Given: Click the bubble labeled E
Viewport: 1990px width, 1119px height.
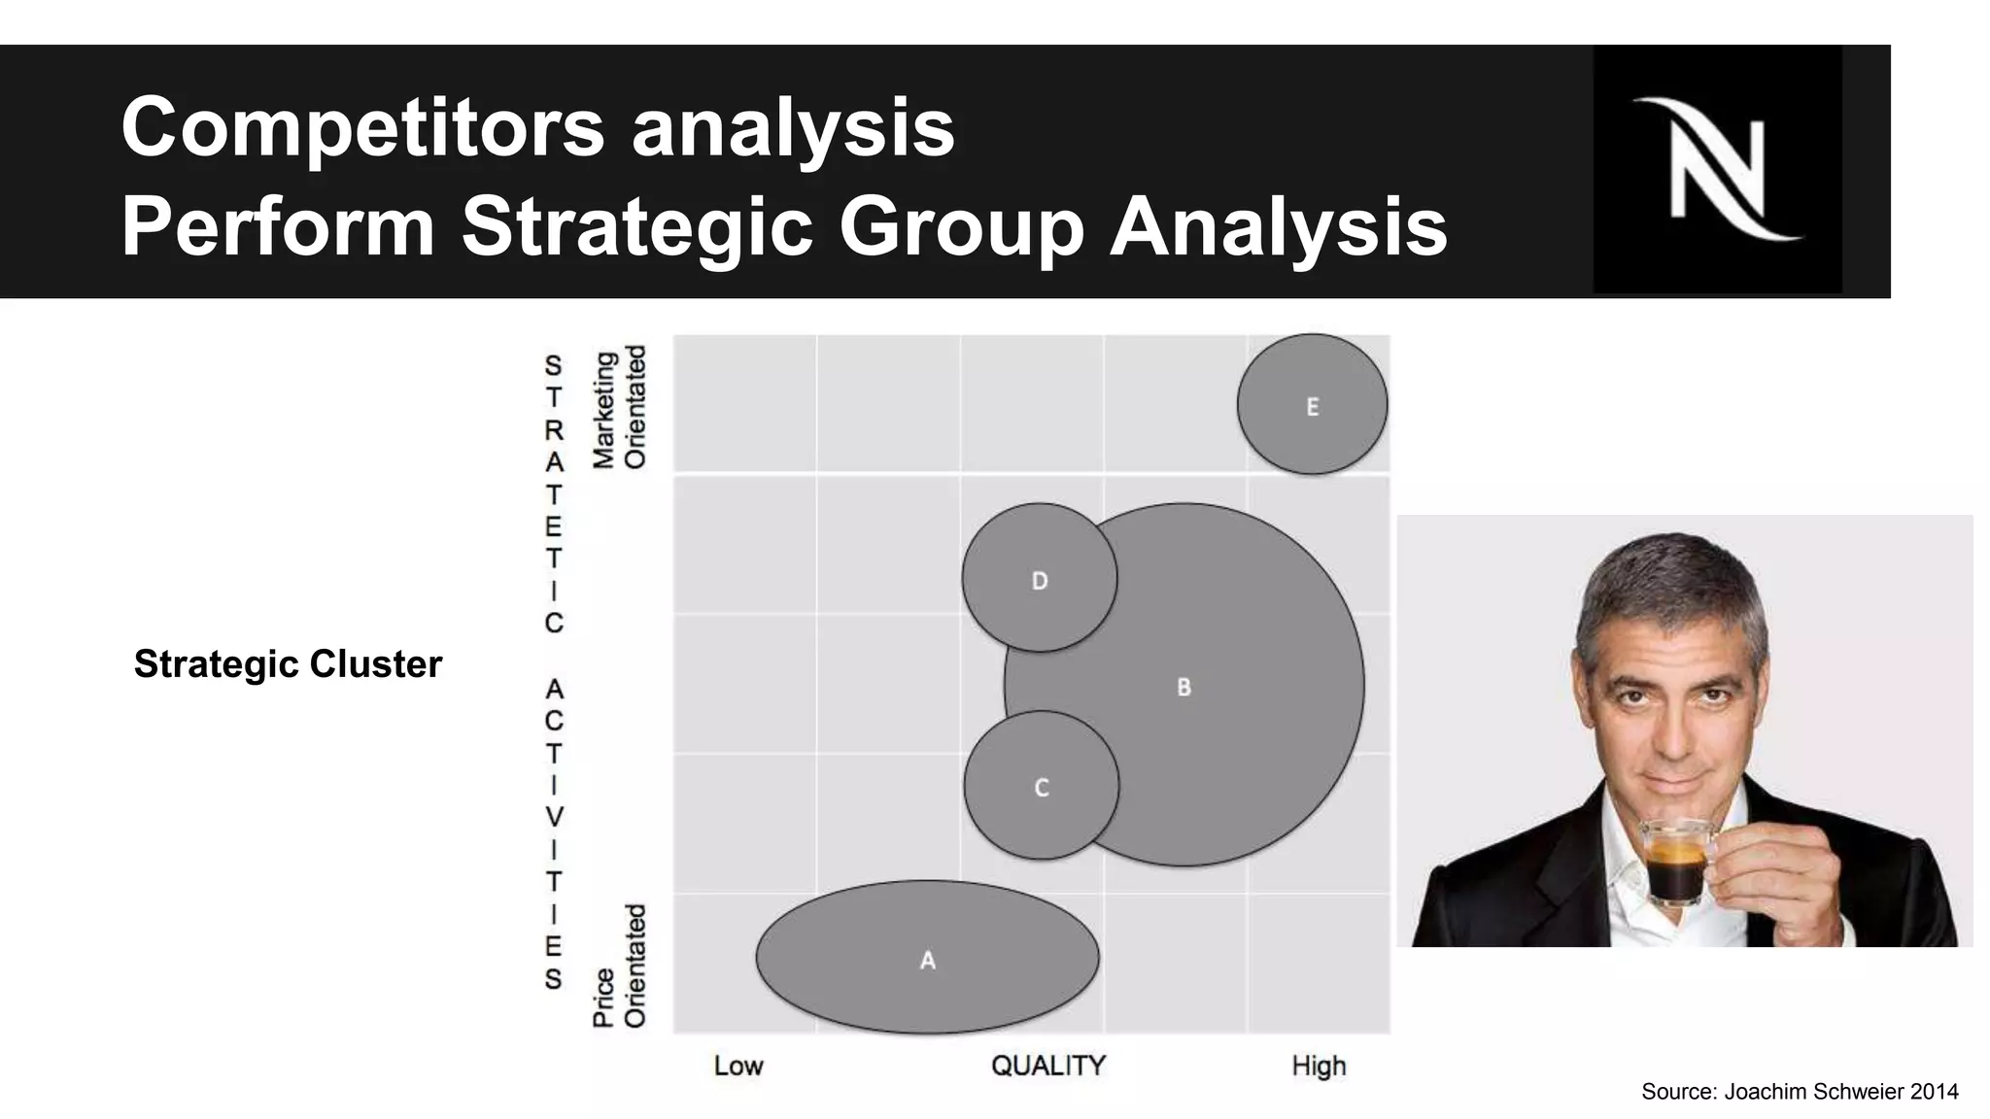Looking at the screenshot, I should tap(1312, 405).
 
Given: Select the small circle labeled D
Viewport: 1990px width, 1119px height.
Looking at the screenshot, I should tap(1039, 579).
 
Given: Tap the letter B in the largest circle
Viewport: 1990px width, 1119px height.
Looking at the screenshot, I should tap(1184, 687).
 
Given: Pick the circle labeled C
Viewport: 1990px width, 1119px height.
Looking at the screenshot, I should tap(1041, 786).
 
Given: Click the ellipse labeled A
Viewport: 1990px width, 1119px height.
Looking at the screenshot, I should tap(927, 959).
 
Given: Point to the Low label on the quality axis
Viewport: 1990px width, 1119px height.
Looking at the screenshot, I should tap(738, 1066).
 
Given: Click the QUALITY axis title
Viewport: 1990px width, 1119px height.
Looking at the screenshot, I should tap(1047, 1066).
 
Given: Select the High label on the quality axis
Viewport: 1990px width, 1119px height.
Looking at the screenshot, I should tap(1319, 1066).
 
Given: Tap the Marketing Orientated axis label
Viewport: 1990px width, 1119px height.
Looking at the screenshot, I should tap(619, 408).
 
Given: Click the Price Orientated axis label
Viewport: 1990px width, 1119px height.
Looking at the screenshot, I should tap(619, 966).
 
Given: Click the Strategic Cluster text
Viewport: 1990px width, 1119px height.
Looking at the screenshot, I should tap(288, 664).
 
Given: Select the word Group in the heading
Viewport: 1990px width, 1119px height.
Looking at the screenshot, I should tap(961, 226).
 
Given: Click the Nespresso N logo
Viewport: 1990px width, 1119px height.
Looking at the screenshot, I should tap(1717, 168).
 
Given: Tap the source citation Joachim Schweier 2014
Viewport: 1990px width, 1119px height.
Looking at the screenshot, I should tap(1800, 1092).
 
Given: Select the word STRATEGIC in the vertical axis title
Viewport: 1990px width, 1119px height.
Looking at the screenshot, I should tap(554, 493).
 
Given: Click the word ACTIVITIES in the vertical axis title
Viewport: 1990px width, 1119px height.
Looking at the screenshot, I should tap(554, 832).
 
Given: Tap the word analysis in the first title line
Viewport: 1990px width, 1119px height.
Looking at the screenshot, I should tap(793, 127).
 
